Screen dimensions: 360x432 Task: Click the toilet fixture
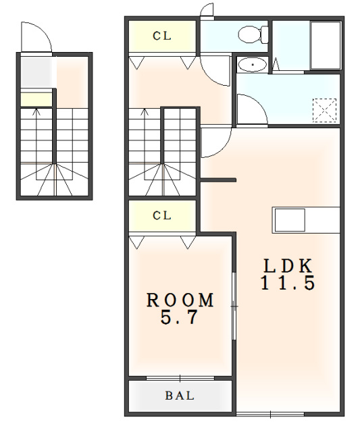point(253,34)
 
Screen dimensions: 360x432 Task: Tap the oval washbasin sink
point(252,65)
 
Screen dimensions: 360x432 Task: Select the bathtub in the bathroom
point(326,45)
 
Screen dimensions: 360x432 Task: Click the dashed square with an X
point(325,110)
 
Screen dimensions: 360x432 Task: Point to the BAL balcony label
point(180,396)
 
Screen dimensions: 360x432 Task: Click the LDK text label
point(288,266)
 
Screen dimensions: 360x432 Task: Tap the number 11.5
point(288,282)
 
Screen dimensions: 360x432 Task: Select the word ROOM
point(180,300)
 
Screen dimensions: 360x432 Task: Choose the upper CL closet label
point(162,36)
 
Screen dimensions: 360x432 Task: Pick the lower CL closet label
point(162,215)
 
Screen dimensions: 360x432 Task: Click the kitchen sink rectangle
point(290,220)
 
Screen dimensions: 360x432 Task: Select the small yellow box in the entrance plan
point(36,99)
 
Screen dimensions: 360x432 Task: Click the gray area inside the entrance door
point(36,72)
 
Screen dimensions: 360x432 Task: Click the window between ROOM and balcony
point(180,379)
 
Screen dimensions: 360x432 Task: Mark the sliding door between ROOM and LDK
point(234,306)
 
